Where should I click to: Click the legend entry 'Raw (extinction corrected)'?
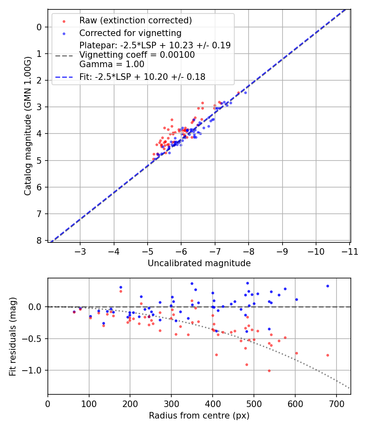pos(135,20)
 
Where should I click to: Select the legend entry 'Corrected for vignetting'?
pos(130,33)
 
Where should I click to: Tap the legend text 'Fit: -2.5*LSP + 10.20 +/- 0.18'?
pos(142,77)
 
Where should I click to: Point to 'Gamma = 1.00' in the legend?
pos(112,64)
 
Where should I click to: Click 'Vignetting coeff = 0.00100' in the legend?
pos(137,55)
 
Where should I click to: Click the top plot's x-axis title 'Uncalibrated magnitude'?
pos(199,263)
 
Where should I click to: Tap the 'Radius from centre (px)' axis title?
pos(199,416)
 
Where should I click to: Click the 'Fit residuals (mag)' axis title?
pos(13,336)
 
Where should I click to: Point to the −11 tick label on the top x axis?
pos(349,251)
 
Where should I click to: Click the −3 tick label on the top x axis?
pos(80,251)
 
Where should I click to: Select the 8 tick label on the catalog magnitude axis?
pos(39,241)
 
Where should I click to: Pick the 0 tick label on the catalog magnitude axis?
pos(39,27)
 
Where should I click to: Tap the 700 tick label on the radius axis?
pos(336,403)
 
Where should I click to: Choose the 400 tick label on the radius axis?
pos(213,403)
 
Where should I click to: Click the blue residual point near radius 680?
pos(328,286)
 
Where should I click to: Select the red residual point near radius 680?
pos(328,355)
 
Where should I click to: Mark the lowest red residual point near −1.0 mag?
pos(269,371)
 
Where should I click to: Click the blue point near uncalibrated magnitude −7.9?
pos(245,93)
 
